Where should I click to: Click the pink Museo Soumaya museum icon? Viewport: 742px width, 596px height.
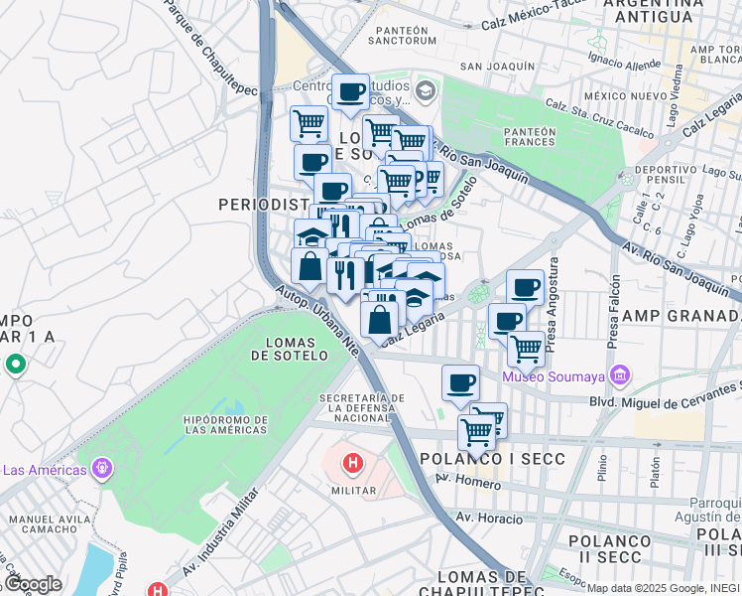click(621, 376)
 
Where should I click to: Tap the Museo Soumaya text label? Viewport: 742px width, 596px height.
click(556, 377)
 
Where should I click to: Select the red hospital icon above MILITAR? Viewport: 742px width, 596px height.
click(352, 463)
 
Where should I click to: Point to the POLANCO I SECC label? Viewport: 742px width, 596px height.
click(492, 459)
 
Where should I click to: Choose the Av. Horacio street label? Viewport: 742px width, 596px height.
click(489, 518)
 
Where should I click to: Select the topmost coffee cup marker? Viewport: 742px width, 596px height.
click(350, 92)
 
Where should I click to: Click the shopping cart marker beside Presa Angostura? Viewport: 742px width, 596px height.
click(526, 349)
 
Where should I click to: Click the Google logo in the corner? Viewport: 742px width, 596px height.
click(32, 584)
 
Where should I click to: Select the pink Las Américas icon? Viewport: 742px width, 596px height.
click(100, 467)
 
